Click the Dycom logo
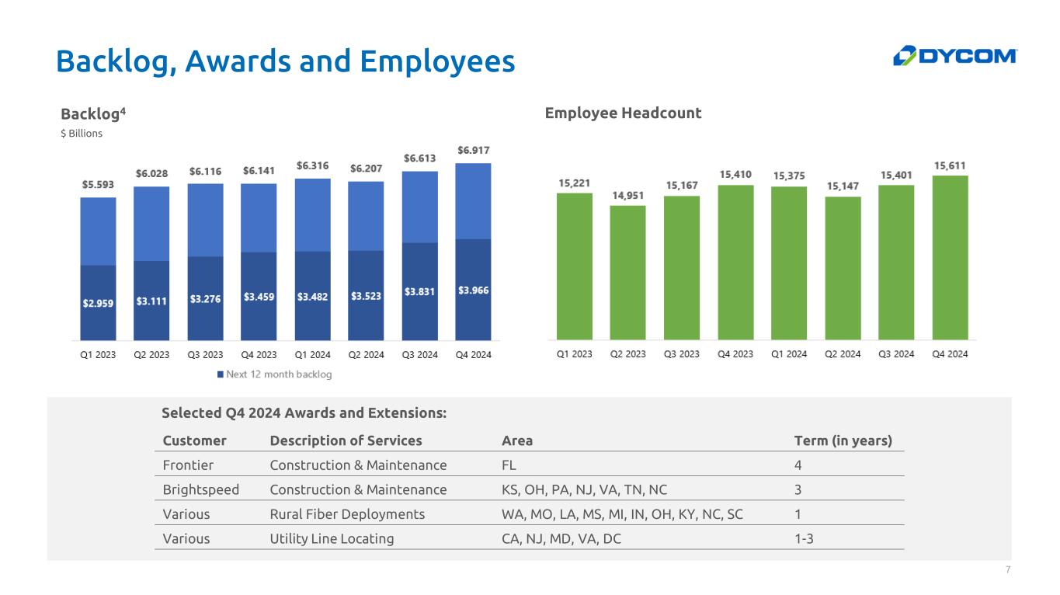coord(954,56)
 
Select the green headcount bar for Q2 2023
coord(627,273)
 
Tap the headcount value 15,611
coord(949,165)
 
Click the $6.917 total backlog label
coord(473,150)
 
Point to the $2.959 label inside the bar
coord(98,303)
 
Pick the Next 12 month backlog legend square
coord(220,374)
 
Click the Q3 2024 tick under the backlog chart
coord(420,354)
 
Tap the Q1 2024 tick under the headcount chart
coord(789,354)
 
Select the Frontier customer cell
coord(188,465)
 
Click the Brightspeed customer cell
coord(200,489)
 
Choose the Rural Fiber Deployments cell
coord(347,514)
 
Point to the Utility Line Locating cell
coord(332,538)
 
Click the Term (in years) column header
coord(843,440)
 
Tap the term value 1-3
coord(804,538)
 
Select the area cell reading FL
coord(509,465)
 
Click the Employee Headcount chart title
coord(623,113)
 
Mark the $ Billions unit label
coord(82,134)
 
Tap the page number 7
coord(1008,569)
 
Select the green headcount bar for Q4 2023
coord(735,263)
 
